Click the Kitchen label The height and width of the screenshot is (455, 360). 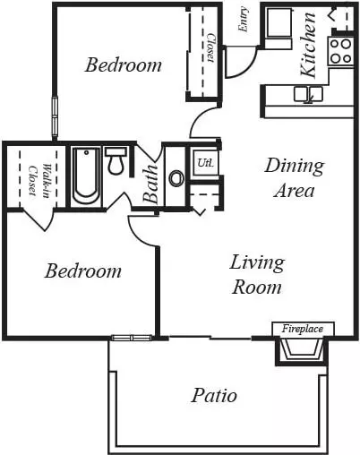pos(308,45)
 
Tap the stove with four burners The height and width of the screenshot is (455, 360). pos(341,51)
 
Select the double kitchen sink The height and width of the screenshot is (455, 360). pos(308,95)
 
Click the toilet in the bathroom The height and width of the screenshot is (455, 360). pos(116,160)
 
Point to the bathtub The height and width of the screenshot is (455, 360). pos(87,176)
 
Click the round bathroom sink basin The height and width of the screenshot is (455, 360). pos(176,178)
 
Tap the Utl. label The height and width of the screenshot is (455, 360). pos(205,163)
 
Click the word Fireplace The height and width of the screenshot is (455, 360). pos(303,329)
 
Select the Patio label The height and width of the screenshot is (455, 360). pos(214,395)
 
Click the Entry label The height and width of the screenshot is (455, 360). pos(244,19)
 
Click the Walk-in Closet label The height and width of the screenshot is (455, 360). pos(39,179)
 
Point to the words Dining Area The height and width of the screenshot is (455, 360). pos(295,178)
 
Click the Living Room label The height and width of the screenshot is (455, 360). pos(257,275)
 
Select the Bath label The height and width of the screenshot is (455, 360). pos(150,184)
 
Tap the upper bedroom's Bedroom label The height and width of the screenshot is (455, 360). pos(124,64)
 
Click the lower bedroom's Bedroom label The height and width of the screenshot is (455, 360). pos(83,271)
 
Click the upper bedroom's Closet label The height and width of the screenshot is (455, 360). pos(211,47)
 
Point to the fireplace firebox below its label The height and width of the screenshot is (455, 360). pos(302,350)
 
